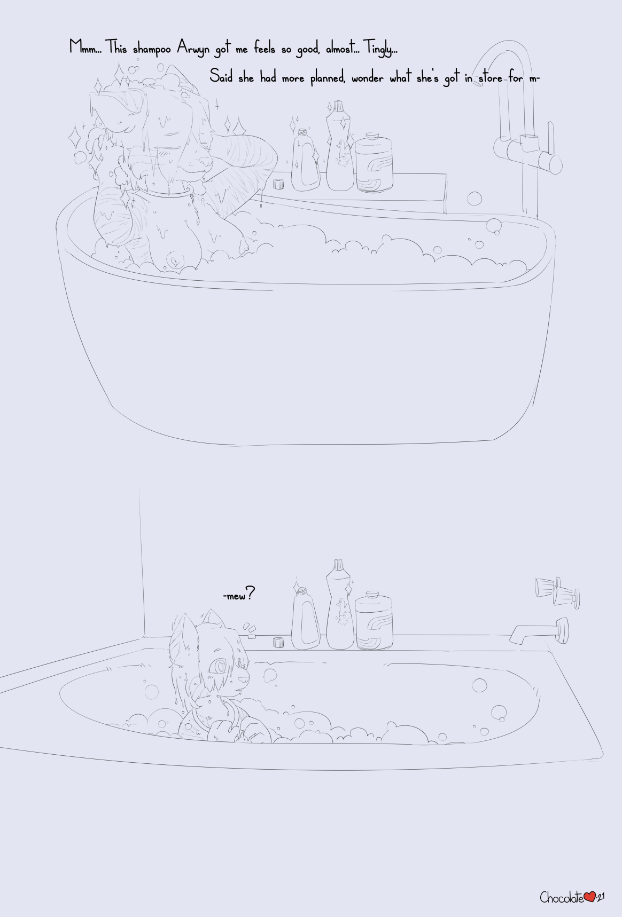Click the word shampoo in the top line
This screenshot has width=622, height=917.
point(152,49)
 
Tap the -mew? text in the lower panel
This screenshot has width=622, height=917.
point(238,594)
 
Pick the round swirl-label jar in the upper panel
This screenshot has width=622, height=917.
point(374,162)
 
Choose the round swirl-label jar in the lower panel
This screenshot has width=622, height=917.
point(374,620)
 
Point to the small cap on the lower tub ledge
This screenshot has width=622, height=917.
point(278,642)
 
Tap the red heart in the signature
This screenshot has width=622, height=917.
point(589,897)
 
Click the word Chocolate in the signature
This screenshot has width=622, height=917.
point(562,897)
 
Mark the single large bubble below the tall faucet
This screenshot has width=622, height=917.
point(474,199)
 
